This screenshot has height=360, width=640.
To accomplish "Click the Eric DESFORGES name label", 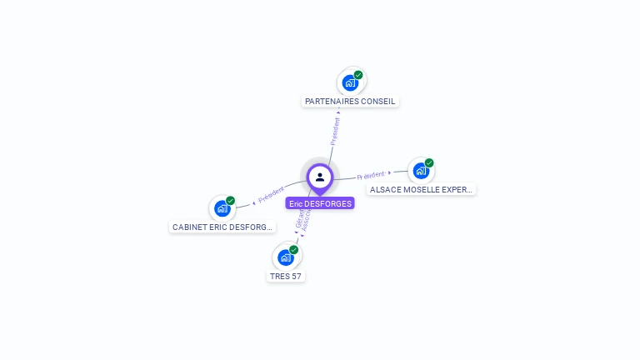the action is coord(320,203).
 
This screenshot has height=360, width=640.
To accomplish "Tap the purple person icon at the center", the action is coord(320,177).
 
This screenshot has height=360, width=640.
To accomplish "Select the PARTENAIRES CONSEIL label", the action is coord(350,102).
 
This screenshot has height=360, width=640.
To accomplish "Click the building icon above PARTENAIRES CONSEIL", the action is coord(351,82).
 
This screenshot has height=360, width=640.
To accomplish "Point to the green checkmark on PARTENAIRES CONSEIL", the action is coord(358,75).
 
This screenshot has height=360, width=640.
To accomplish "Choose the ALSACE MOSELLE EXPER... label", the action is coord(422,190).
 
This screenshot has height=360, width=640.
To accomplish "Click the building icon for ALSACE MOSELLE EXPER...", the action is coord(421,171).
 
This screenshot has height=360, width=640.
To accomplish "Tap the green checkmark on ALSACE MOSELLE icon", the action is coord(429,163).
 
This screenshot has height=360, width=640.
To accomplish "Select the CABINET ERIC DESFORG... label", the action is coord(222,227).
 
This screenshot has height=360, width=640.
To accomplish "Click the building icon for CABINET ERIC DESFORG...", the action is coord(222,208).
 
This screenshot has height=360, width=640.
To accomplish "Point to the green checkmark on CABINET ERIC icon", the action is coord(230,201).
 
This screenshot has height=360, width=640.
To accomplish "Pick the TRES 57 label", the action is coord(286,276).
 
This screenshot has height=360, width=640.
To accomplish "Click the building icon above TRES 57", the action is coord(286,257).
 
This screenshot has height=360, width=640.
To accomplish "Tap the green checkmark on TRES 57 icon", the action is coord(293,249).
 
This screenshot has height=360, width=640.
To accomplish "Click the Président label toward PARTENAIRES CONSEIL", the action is coord(335,130).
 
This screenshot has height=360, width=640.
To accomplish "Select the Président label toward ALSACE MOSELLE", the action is coord(371,175).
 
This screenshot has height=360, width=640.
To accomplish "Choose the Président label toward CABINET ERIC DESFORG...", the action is coord(272,194).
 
